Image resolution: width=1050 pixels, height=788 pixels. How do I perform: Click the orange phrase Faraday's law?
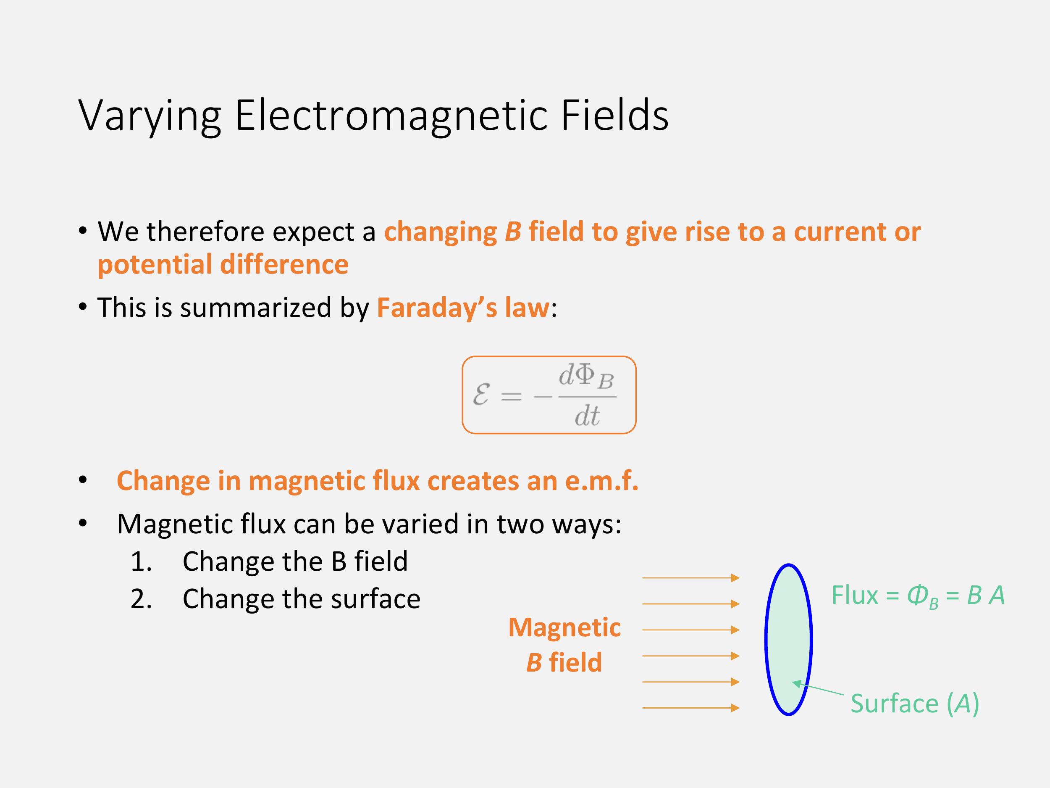[x=463, y=308]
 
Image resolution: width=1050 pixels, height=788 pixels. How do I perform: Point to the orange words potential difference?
[x=223, y=265]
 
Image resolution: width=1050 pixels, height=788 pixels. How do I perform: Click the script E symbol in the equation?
[x=481, y=395]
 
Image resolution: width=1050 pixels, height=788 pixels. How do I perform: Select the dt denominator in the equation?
[x=587, y=416]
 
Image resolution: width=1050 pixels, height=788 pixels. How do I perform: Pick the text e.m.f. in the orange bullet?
[x=602, y=481]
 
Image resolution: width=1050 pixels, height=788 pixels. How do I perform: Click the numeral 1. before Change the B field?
[x=141, y=561]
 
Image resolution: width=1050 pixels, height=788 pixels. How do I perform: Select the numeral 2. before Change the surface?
[x=141, y=599]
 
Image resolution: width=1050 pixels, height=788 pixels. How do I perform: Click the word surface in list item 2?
[x=375, y=599]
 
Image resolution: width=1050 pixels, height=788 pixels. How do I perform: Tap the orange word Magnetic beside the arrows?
[x=564, y=627]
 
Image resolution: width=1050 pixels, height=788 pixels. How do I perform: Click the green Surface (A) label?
[x=915, y=704]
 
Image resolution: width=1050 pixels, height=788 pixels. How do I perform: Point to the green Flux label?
[x=854, y=595]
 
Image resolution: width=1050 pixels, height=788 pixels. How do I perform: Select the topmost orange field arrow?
[x=690, y=577]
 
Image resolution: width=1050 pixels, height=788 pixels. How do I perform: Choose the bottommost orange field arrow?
[x=690, y=708]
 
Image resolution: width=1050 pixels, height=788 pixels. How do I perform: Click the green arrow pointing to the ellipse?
[x=818, y=689]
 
